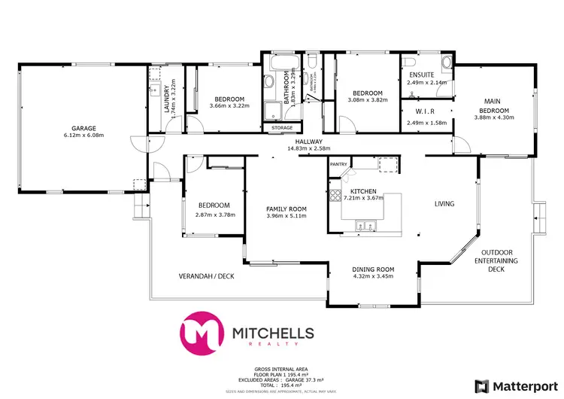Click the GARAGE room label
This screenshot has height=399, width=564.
(x=83, y=128)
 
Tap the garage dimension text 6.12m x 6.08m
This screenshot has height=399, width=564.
(x=83, y=136)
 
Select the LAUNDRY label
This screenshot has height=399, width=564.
(x=166, y=96)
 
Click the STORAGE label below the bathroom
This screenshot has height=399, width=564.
(x=282, y=128)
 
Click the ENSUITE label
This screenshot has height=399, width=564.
(x=420, y=75)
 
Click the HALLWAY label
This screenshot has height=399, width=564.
(x=308, y=142)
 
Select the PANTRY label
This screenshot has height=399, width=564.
(x=338, y=163)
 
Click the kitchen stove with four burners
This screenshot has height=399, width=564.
(x=335, y=197)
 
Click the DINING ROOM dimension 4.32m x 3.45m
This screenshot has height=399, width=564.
(x=374, y=276)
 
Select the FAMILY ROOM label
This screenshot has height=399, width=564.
(x=287, y=209)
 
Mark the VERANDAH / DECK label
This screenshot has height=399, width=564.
(x=207, y=276)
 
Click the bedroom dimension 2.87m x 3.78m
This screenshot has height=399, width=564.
(x=214, y=215)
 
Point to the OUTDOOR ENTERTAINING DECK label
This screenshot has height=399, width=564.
(x=502, y=260)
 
